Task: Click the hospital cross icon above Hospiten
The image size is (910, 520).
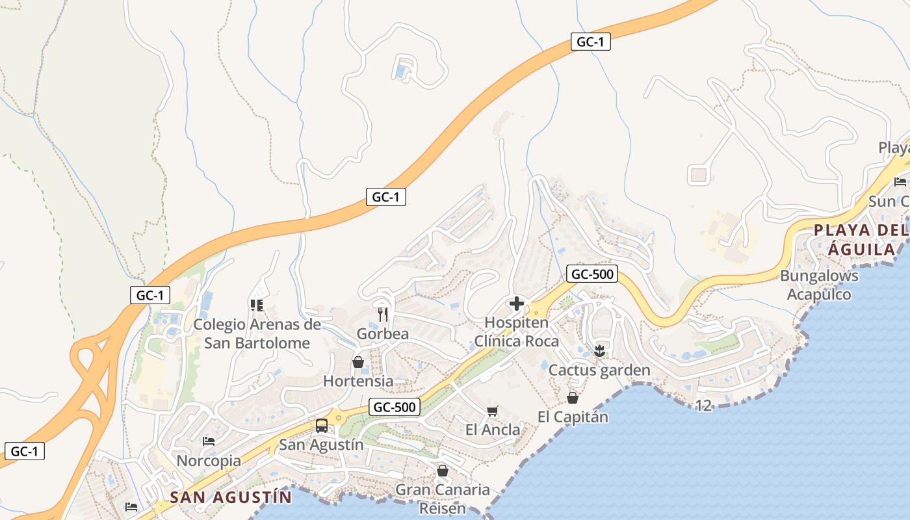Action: click(517, 304)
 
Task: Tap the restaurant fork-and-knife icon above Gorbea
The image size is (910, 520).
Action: click(383, 315)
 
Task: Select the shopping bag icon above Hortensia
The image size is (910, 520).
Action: click(357, 362)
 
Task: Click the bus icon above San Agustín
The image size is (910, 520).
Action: click(321, 426)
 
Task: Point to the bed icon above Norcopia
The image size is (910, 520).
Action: click(209, 441)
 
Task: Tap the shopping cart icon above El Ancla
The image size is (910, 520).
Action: click(493, 411)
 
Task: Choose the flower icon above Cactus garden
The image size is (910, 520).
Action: click(599, 351)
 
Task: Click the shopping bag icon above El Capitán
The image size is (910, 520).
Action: click(573, 398)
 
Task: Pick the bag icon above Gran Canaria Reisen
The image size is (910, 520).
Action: click(443, 471)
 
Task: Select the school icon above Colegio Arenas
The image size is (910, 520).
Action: click(257, 305)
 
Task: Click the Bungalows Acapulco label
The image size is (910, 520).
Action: click(819, 285)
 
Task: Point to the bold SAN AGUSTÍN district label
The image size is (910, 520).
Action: click(231, 498)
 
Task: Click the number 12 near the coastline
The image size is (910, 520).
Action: click(703, 406)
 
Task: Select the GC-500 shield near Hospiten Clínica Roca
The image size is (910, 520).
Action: click(591, 274)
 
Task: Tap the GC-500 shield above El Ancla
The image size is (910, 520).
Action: click(395, 408)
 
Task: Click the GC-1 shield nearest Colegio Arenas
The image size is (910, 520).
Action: click(149, 295)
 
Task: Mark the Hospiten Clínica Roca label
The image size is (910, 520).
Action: click(517, 332)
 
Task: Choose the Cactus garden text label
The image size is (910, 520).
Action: click(599, 370)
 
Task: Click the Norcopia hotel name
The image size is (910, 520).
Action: click(209, 461)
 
